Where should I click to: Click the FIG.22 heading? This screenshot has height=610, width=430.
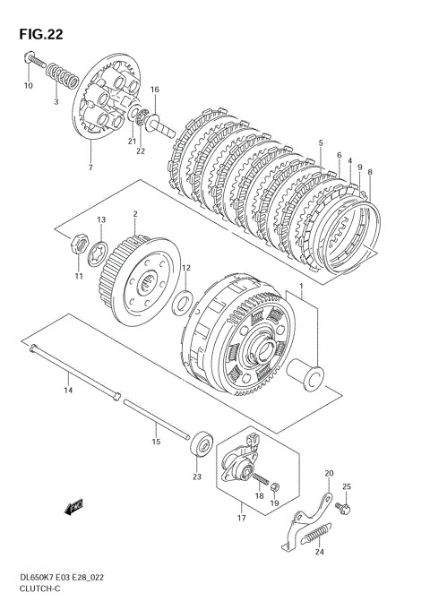41,35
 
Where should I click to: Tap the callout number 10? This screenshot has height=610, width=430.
29,86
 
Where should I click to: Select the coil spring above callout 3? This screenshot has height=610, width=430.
62,75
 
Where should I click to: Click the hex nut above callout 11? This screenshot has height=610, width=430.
80,244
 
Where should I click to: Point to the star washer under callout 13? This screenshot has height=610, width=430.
98,253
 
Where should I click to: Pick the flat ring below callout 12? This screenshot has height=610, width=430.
182,302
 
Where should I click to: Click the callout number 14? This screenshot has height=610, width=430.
68,390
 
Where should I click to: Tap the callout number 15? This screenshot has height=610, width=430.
156,442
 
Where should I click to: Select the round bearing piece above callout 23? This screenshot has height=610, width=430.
202,443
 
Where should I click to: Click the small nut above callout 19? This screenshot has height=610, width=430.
274,485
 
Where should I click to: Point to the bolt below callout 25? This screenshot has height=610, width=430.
343,507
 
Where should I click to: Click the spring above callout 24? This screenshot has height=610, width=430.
317,533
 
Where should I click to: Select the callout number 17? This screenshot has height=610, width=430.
241,518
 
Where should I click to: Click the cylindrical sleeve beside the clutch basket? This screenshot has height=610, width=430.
305,374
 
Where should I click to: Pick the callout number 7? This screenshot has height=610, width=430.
90,168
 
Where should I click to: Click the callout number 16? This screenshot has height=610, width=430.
154,90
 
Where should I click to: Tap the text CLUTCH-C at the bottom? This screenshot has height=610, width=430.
39,589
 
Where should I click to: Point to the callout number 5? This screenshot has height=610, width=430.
321,142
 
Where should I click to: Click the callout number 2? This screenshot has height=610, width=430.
135,213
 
